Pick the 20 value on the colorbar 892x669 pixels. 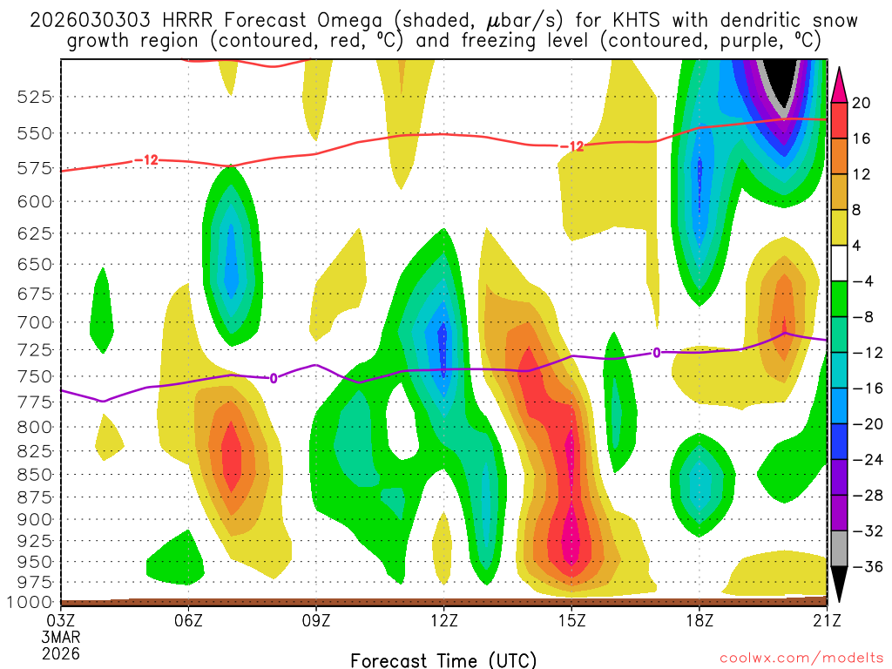[x=862, y=103]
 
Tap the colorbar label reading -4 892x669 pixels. [x=861, y=280]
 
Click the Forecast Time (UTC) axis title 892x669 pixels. [x=443, y=659]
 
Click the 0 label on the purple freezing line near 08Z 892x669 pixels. [x=274, y=378]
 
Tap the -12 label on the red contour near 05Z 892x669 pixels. [x=145, y=159]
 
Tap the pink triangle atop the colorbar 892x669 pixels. [x=840, y=81]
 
